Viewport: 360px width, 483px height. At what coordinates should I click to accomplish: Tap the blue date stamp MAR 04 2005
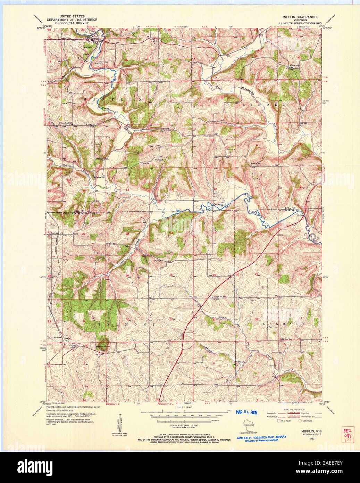[x=249, y=412]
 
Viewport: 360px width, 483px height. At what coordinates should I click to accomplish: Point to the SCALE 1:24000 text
[x=185, y=407]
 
